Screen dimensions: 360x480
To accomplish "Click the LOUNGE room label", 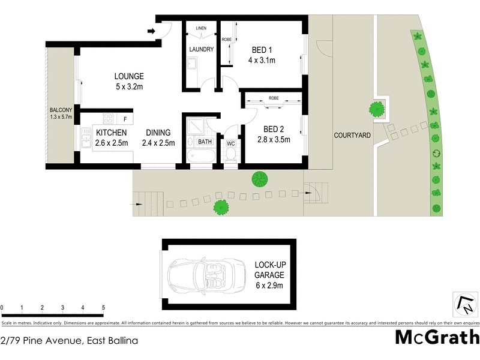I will click(x=129, y=76).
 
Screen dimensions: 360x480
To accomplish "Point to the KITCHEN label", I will click(x=110, y=133).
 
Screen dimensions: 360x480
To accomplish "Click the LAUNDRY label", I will click(x=201, y=49).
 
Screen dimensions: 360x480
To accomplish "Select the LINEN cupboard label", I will click(x=201, y=28).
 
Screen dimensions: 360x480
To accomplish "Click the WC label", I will click(x=230, y=143).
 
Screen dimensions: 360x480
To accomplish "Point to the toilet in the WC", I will click(x=230, y=154).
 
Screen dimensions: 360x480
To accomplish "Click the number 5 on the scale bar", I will click(x=104, y=307).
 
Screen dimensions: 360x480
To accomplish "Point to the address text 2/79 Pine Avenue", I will click(x=70, y=341).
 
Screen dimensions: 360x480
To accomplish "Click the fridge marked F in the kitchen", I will click(x=125, y=118).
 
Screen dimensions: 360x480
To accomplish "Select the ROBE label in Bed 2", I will click(x=274, y=97).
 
